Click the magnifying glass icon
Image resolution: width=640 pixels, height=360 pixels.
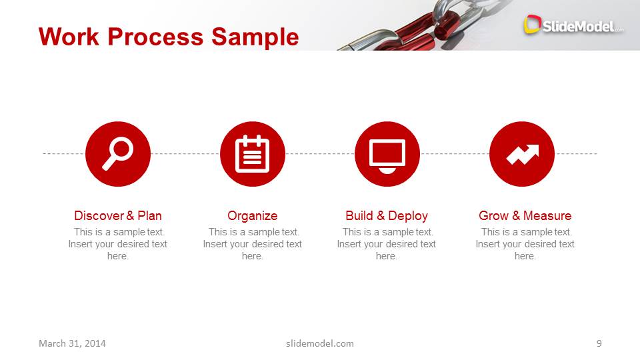pyautogui.click(x=118, y=154)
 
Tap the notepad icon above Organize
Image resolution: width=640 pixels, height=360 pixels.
pyautogui.click(x=253, y=154)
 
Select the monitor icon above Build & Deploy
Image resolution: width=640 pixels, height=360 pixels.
pyautogui.click(x=387, y=154)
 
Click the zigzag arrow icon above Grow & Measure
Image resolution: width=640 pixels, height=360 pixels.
pyautogui.click(x=522, y=154)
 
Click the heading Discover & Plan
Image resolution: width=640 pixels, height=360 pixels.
pyautogui.click(x=118, y=216)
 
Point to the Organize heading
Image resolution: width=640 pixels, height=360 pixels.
pyautogui.click(x=253, y=216)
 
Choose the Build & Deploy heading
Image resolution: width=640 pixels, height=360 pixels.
pyautogui.click(x=387, y=216)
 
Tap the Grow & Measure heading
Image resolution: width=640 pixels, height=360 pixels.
pyautogui.click(x=525, y=216)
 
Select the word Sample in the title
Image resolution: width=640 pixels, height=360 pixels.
pyautogui.click(x=255, y=37)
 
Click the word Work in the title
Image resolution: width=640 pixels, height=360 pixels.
pyautogui.click(x=70, y=37)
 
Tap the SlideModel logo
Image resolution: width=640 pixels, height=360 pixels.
pyautogui.click(x=573, y=25)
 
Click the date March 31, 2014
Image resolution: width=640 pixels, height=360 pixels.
pyautogui.click(x=72, y=343)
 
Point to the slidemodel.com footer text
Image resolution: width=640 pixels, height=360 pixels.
pyautogui.click(x=320, y=343)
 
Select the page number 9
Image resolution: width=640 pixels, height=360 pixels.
pyautogui.click(x=599, y=343)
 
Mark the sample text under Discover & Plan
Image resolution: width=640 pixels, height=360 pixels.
pyautogui.click(x=118, y=244)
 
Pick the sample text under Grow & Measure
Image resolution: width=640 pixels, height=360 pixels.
pyautogui.click(x=525, y=244)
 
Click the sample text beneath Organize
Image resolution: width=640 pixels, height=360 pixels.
pyautogui.click(x=253, y=244)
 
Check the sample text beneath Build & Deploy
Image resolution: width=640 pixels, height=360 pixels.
pyautogui.click(x=387, y=244)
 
